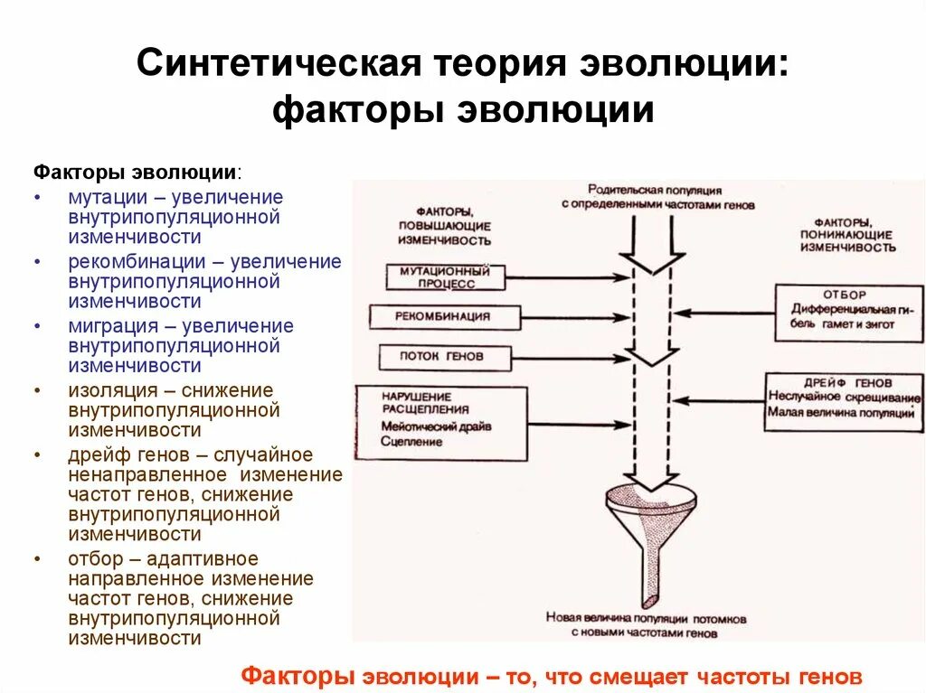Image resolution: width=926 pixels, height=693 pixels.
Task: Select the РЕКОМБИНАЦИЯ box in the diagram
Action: click(444, 316)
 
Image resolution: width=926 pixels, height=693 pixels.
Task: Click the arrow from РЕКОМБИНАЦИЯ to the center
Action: click(576, 317)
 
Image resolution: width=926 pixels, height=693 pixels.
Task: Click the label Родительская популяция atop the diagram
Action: click(654, 191)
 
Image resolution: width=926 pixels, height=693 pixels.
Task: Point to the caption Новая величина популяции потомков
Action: click(646, 620)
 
